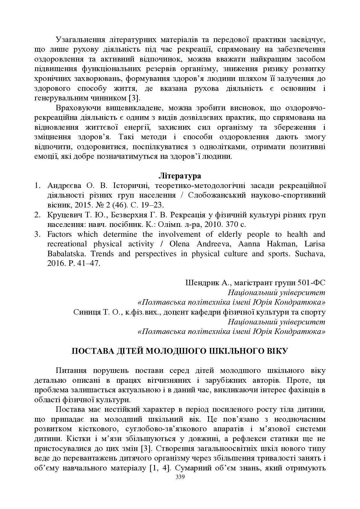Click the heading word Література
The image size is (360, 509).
(x=180, y=176)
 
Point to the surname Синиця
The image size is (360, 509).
(x=86, y=312)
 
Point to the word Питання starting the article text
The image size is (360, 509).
(x=71, y=371)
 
